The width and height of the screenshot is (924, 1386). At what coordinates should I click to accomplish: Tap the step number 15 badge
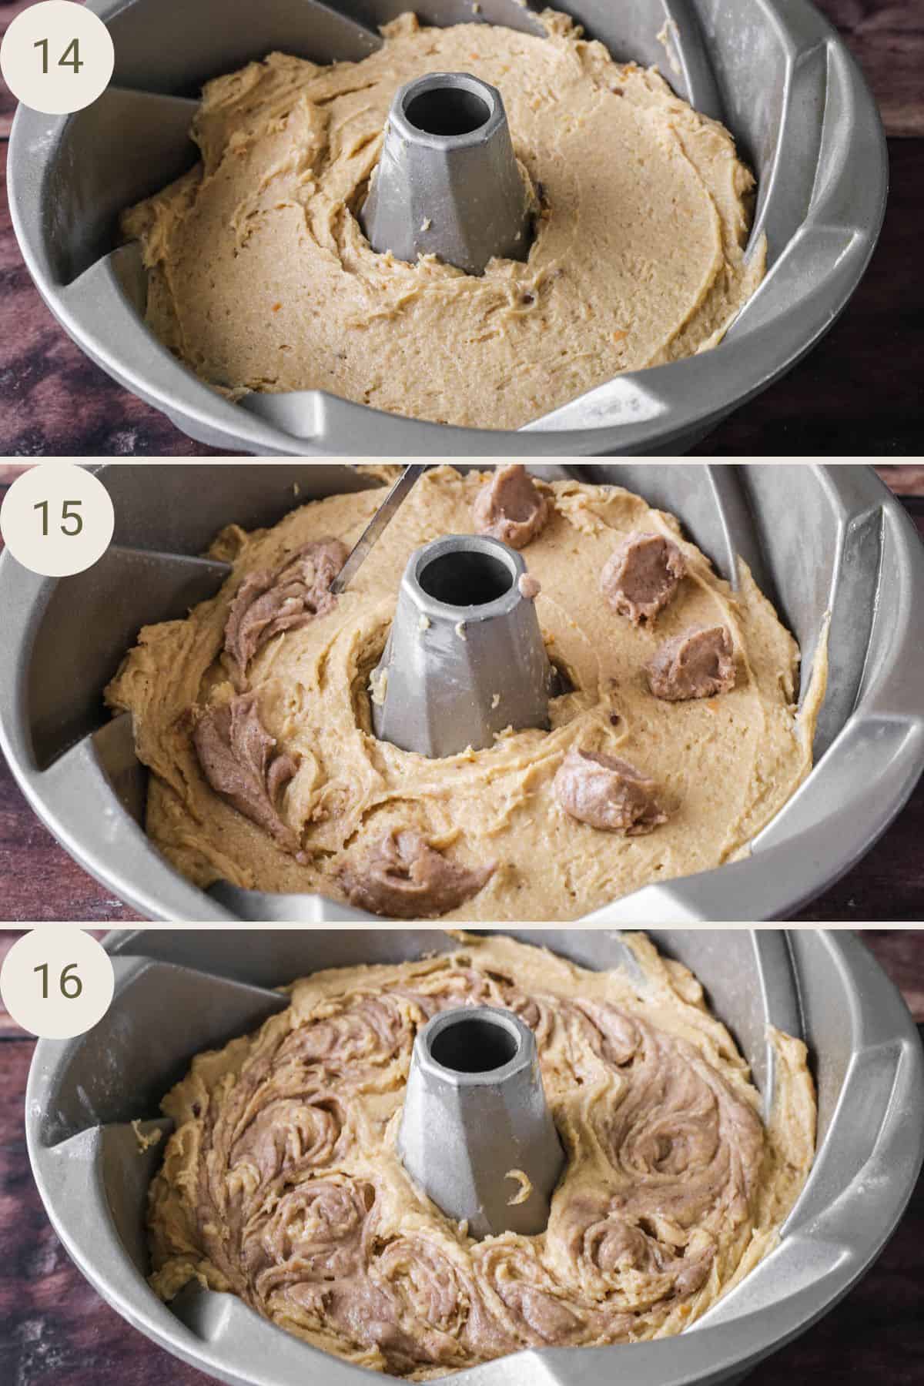[57, 517]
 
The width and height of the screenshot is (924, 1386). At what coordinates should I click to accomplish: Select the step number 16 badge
[57, 982]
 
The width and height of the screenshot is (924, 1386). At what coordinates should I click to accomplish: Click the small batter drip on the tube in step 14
[425, 226]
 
